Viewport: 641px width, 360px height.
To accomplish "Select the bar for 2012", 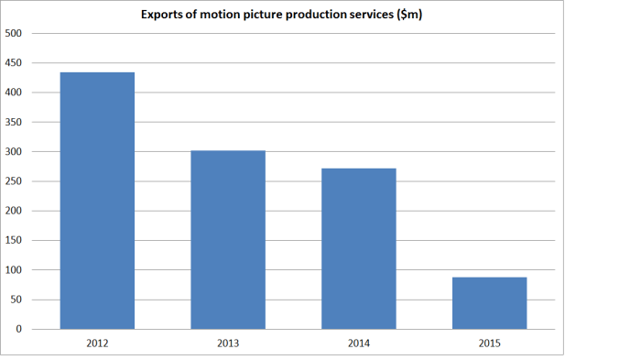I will click(x=97, y=201).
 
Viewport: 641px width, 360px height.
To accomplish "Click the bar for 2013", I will click(x=228, y=240).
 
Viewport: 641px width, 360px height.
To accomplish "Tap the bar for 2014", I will click(x=359, y=248).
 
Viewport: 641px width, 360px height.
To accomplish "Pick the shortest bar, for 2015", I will click(x=489, y=303).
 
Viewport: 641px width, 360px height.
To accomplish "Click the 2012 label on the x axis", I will click(x=97, y=344).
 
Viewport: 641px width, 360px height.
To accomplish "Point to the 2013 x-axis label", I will click(x=228, y=344).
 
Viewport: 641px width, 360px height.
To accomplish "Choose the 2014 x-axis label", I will click(x=359, y=344).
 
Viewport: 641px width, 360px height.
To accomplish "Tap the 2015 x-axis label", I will click(x=489, y=344).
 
